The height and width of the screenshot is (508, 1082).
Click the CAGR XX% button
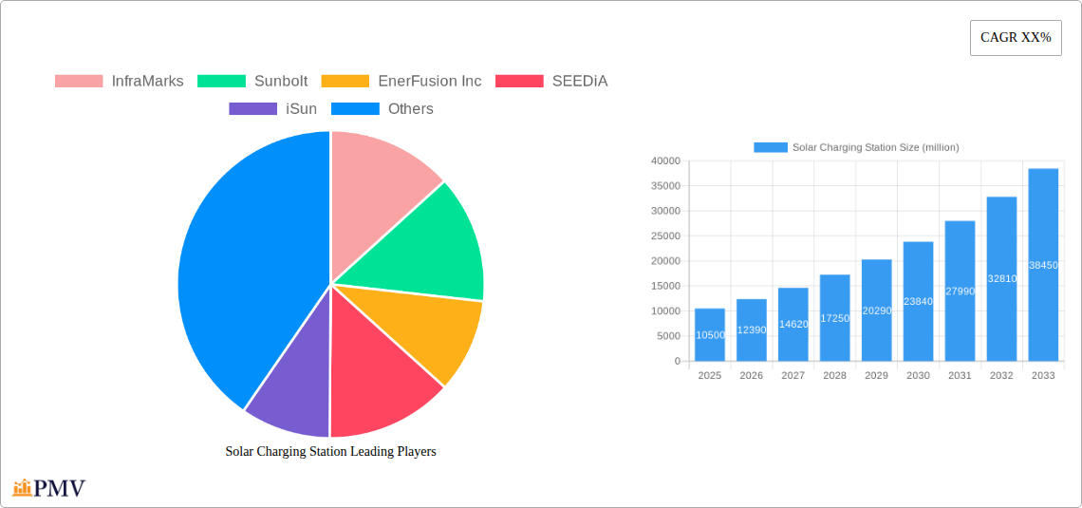click(x=1016, y=38)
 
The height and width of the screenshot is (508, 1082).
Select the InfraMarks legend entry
click(x=120, y=81)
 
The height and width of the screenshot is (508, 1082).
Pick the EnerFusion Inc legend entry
click(x=401, y=81)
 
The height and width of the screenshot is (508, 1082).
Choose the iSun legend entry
click(x=273, y=108)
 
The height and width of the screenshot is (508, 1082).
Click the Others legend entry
click(x=382, y=108)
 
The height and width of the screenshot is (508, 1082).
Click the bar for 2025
click(x=710, y=334)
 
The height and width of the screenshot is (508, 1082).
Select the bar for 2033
click(x=1043, y=265)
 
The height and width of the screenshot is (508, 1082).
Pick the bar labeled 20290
click(x=876, y=310)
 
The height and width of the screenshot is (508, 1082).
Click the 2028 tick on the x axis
click(x=834, y=376)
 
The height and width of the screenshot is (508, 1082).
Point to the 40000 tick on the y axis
click(x=665, y=161)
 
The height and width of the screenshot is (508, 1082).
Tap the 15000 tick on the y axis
click(x=665, y=286)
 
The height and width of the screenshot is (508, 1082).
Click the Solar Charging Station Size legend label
click(x=874, y=147)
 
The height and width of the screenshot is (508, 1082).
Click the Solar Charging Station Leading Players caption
click(x=330, y=452)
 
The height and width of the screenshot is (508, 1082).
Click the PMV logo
click(x=49, y=488)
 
